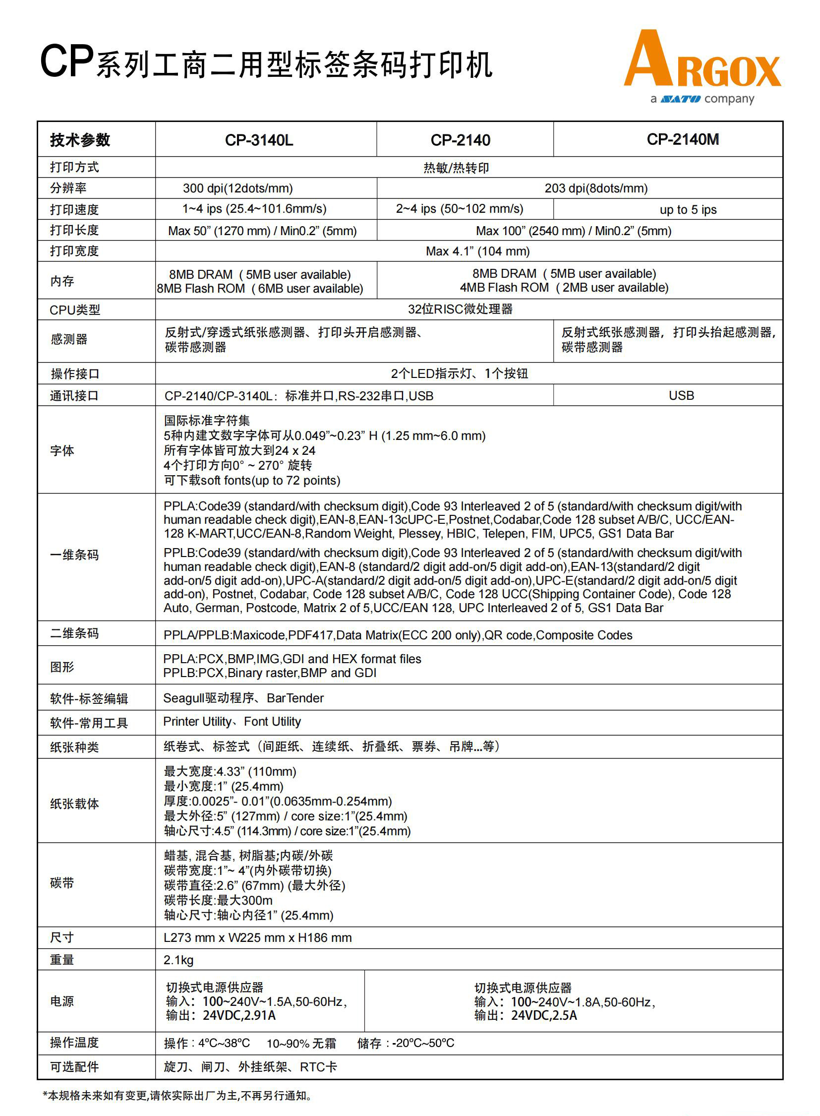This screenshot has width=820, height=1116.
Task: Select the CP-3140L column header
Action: click(259, 140)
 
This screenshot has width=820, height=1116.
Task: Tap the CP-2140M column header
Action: click(683, 139)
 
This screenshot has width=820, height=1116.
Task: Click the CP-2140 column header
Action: click(460, 140)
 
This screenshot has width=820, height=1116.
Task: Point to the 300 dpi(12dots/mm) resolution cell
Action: click(238, 188)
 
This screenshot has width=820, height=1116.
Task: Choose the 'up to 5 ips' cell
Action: click(688, 210)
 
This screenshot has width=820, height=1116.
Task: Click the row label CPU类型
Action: click(75, 310)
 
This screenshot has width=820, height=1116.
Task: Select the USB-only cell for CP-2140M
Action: click(681, 395)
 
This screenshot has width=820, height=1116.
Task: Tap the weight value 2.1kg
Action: click(178, 960)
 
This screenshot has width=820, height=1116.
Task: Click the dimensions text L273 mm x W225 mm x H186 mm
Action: click(258, 937)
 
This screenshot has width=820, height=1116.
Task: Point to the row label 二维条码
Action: click(74, 633)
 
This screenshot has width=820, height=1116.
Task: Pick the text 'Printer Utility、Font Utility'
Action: click(232, 721)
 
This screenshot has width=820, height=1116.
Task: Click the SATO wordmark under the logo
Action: click(681, 99)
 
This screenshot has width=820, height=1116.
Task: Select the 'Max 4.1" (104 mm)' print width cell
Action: click(477, 251)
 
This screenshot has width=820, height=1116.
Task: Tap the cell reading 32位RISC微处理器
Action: click(460, 309)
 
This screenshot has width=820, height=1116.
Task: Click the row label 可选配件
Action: click(74, 1066)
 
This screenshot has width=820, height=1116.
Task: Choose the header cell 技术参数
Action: click(80, 140)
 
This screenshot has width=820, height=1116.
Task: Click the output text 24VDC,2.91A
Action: click(239, 1015)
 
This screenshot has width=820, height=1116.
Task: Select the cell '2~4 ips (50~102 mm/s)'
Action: click(459, 209)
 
